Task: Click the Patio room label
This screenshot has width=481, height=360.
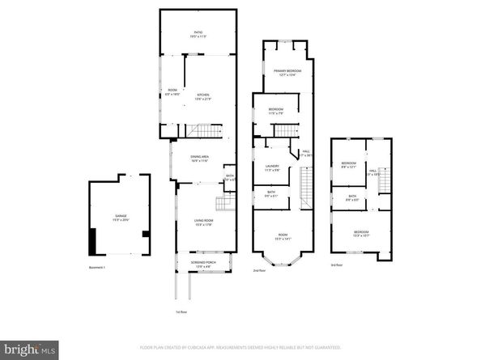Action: click(198, 34)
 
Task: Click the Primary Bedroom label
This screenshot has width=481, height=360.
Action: click(286, 73)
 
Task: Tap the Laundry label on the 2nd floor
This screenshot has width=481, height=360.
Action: click(273, 168)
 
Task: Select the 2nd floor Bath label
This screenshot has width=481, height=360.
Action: click(270, 194)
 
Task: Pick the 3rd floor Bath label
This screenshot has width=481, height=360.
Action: click(352, 197)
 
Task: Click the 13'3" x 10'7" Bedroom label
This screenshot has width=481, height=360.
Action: click(360, 234)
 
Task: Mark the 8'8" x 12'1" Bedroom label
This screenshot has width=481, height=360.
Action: click(348, 165)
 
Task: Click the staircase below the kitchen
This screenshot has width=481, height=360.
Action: click(209, 131)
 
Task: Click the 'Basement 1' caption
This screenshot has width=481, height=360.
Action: click(98, 267)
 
